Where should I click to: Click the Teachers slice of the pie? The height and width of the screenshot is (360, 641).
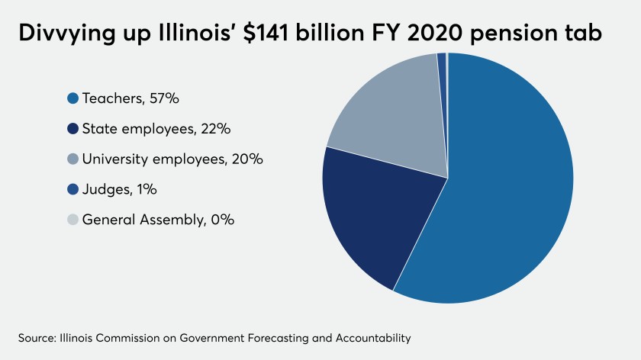504,191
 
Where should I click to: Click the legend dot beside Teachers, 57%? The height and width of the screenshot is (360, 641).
73,98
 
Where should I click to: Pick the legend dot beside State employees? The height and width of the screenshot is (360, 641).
73,129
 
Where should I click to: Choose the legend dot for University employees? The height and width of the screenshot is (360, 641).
73,159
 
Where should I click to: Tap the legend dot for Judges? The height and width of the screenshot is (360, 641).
73,189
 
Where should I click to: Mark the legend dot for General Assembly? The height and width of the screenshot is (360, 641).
73,220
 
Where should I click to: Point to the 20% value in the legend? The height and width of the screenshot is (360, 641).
246,159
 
